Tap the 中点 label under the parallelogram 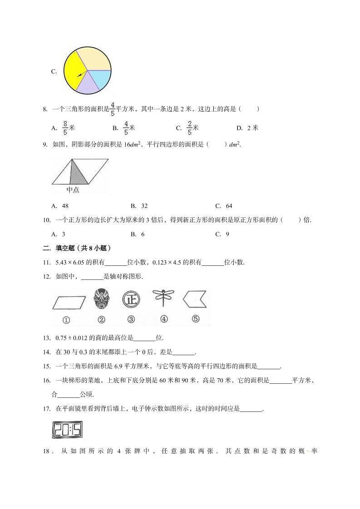tap(73, 190)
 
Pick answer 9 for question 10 tap(227, 234)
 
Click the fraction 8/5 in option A tap(65, 128)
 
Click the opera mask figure tap(101, 300)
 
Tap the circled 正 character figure tap(131, 300)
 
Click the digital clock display tap(67, 430)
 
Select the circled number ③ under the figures tap(131, 319)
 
